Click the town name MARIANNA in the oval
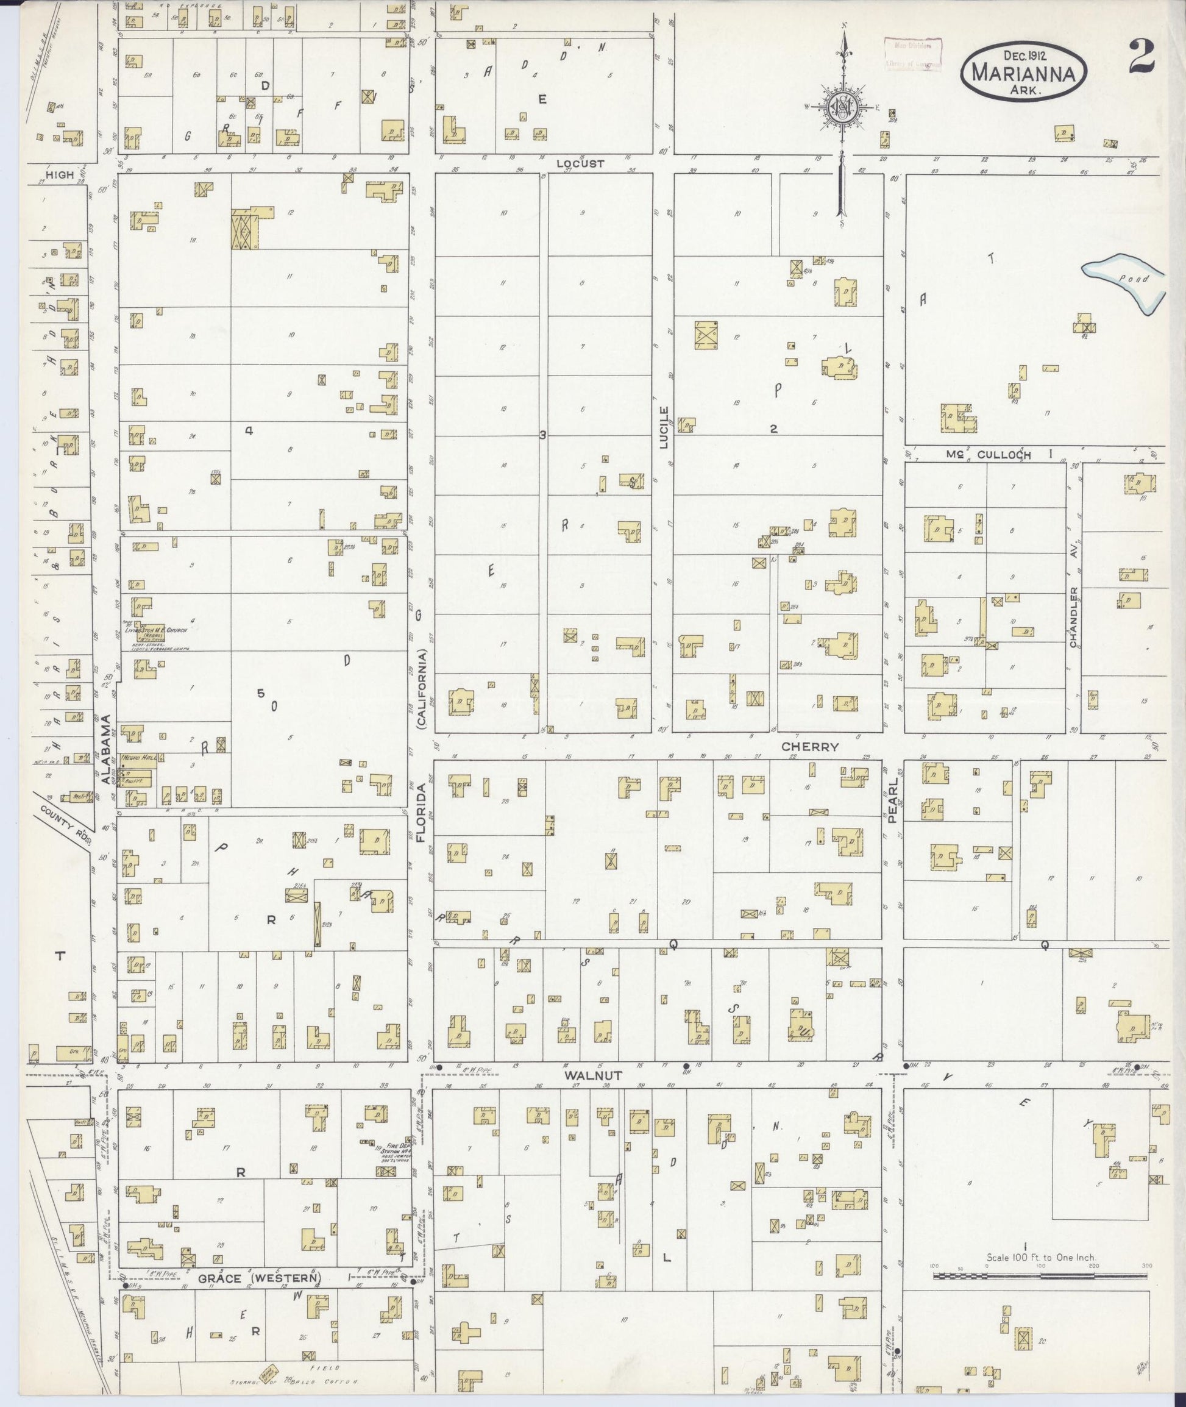(1024, 73)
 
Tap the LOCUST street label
(580, 163)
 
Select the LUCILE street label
(664, 428)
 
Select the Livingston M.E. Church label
(155, 630)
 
